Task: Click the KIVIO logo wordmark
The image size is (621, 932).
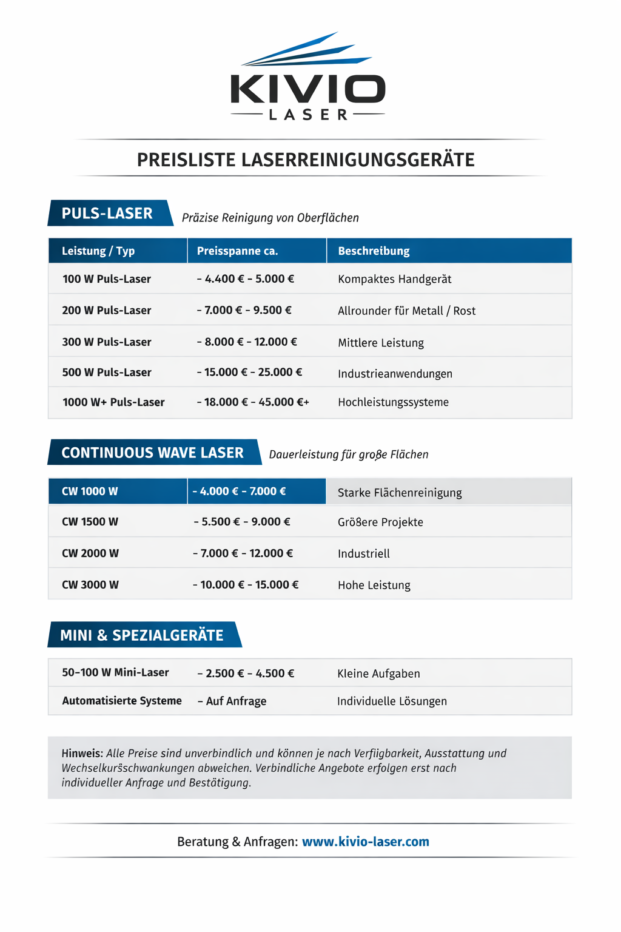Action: click(307, 89)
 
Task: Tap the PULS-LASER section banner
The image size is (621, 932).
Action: click(107, 214)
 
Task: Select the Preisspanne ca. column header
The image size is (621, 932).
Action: click(237, 251)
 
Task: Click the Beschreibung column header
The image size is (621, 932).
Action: click(374, 251)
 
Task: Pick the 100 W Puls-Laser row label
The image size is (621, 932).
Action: click(106, 279)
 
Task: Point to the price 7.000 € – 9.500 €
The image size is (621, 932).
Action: click(244, 310)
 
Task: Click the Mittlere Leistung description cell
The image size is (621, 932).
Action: click(381, 343)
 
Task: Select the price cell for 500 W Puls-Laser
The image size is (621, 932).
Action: click(249, 372)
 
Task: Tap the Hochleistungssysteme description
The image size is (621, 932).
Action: click(393, 402)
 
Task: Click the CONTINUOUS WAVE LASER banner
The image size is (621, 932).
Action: click(152, 453)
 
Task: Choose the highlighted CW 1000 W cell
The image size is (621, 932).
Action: click(90, 491)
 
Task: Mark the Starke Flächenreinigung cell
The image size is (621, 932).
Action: click(400, 493)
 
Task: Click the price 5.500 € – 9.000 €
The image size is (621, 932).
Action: click(242, 522)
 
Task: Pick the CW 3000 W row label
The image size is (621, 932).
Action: click(90, 585)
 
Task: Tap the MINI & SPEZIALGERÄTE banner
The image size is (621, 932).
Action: click(142, 635)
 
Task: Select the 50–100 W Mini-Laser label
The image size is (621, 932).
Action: click(115, 672)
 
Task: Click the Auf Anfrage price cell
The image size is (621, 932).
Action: click(232, 701)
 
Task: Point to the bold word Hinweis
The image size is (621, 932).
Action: click(82, 754)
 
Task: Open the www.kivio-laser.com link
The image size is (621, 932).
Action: click(366, 842)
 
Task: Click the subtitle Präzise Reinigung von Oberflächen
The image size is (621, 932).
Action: click(270, 218)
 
